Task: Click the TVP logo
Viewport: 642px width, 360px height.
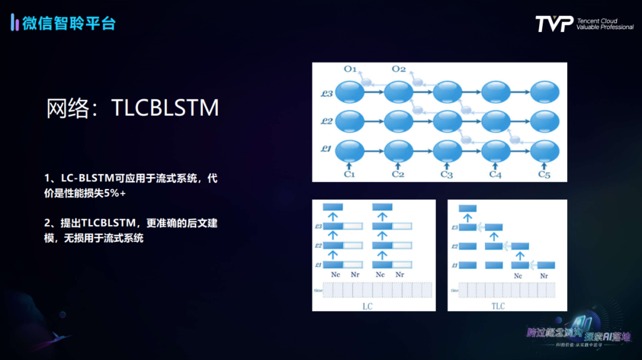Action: tap(554, 24)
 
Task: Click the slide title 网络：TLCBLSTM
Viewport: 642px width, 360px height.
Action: tap(133, 108)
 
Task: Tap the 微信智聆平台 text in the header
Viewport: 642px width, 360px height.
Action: tap(69, 23)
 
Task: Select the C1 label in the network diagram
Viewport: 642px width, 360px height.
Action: tap(350, 174)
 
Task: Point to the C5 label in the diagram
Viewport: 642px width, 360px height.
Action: tap(544, 174)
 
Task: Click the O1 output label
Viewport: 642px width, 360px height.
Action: tap(350, 70)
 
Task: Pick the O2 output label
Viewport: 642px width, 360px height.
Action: tap(398, 70)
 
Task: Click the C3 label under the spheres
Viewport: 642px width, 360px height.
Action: tap(446, 174)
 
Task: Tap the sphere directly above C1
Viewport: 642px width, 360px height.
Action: tap(350, 149)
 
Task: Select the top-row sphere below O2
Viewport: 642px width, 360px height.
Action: tap(398, 93)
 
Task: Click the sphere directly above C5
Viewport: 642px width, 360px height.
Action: tap(544, 149)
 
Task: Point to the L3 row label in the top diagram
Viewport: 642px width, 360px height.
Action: tap(326, 93)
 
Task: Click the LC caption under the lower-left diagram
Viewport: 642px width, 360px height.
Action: tap(368, 306)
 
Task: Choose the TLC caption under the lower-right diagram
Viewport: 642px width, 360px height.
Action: tap(498, 306)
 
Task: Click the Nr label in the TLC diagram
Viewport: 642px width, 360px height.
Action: tap(543, 276)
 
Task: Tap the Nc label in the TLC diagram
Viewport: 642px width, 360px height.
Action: tap(518, 276)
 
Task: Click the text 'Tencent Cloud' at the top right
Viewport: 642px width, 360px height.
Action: tap(597, 21)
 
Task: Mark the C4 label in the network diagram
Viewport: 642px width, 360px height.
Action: tap(495, 174)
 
